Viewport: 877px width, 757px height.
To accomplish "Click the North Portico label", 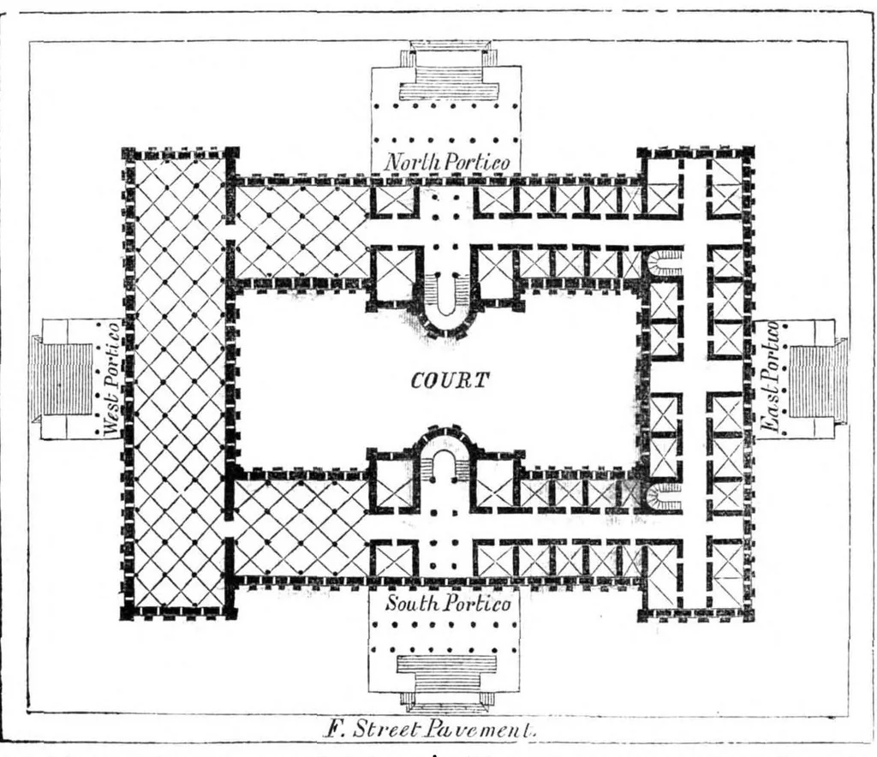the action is (447, 162).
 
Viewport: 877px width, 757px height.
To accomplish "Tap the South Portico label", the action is (447, 604).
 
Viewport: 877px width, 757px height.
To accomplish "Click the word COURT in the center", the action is (450, 381).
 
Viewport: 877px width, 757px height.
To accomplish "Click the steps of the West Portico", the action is (69, 378).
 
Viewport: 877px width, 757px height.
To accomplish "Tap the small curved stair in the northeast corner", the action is (665, 263).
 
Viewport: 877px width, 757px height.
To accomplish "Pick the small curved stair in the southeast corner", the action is (665, 497).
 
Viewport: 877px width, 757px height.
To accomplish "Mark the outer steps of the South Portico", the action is (446, 683).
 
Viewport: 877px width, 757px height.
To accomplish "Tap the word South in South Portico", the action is (413, 604).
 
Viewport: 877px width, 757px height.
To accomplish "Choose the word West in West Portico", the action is (111, 413).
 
